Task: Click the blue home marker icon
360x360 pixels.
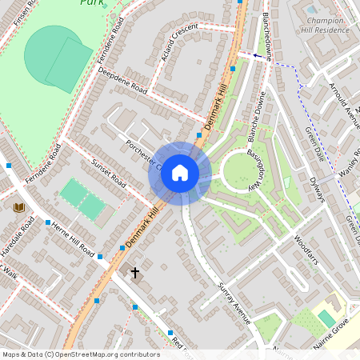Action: coord(180,173)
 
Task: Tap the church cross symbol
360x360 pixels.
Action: coord(135,273)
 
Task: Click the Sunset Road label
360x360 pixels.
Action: coord(108,171)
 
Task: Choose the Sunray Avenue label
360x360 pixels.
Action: coord(234,303)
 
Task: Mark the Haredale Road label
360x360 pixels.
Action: coord(17,238)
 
